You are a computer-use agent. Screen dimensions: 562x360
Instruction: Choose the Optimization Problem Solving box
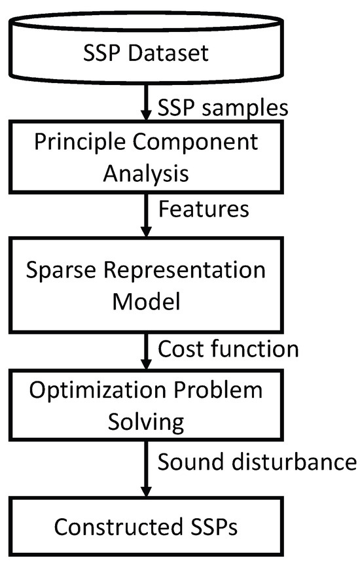[147, 406]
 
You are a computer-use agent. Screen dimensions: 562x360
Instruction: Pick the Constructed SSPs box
[147, 525]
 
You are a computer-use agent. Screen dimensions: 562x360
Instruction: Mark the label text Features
[204, 209]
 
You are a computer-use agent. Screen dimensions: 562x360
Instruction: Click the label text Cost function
[228, 349]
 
